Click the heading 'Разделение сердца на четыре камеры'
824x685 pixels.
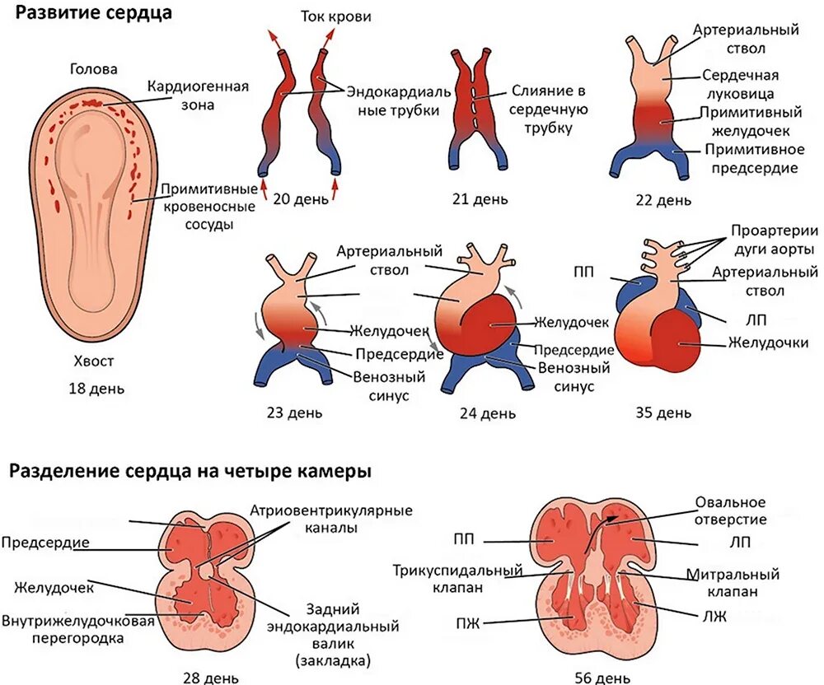190,473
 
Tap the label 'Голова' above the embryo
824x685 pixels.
94,70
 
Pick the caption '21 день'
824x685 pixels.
480,199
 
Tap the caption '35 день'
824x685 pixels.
663,411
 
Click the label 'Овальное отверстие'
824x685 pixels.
731,510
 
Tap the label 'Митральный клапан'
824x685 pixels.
732,583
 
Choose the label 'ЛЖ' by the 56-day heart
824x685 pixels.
715,616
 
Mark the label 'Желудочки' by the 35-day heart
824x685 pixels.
765,342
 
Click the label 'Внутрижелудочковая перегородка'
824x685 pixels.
78,628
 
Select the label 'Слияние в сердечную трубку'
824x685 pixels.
545,110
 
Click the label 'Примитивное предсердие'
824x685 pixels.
751,159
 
